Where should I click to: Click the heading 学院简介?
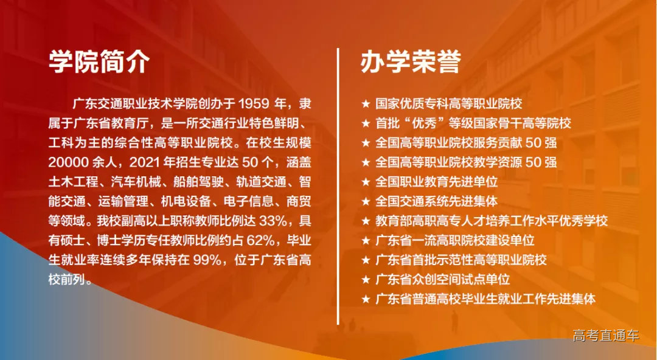tap(100, 61)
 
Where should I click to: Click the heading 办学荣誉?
tap(411, 61)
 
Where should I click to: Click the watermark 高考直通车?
tap(606, 335)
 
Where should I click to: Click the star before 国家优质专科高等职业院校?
tap(366, 104)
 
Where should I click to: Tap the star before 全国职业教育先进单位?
tap(366, 182)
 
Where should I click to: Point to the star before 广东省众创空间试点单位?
tap(366, 279)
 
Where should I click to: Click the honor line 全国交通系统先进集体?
tap(436, 201)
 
